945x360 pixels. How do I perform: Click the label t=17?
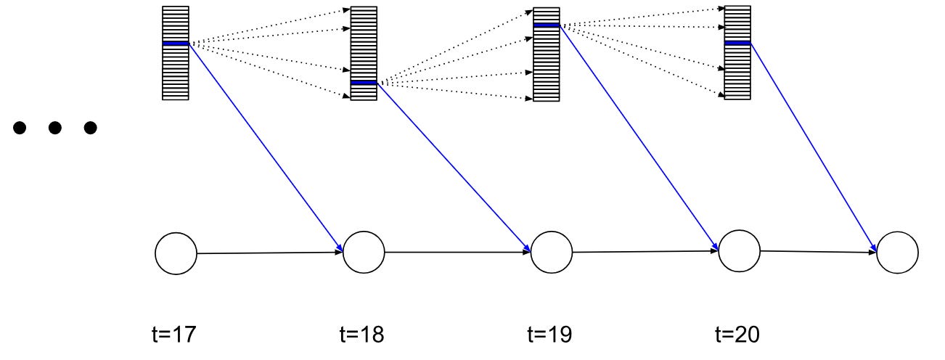tap(172, 335)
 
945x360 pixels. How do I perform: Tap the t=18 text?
tap(361, 335)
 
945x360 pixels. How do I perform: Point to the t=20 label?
tap(738, 335)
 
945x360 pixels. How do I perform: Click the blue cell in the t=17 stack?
tap(176, 44)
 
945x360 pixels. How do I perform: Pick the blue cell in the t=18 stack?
tap(364, 83)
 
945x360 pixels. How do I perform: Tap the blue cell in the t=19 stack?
tap(547, 25)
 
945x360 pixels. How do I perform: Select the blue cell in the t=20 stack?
tap(737, 43)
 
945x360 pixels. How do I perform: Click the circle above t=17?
tap(176, 254)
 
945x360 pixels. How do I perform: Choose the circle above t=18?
tap(364, 253)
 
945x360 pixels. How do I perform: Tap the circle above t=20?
tap(740, 250)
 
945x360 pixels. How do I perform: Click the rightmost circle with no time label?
tap(897, 253)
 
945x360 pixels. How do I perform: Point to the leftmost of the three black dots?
tap(20, 128)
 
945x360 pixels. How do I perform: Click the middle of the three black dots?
tap(54, 128)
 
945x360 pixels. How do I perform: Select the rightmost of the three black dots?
tap(90, 128)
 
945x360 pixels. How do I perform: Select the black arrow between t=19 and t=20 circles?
tap(645, 252)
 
